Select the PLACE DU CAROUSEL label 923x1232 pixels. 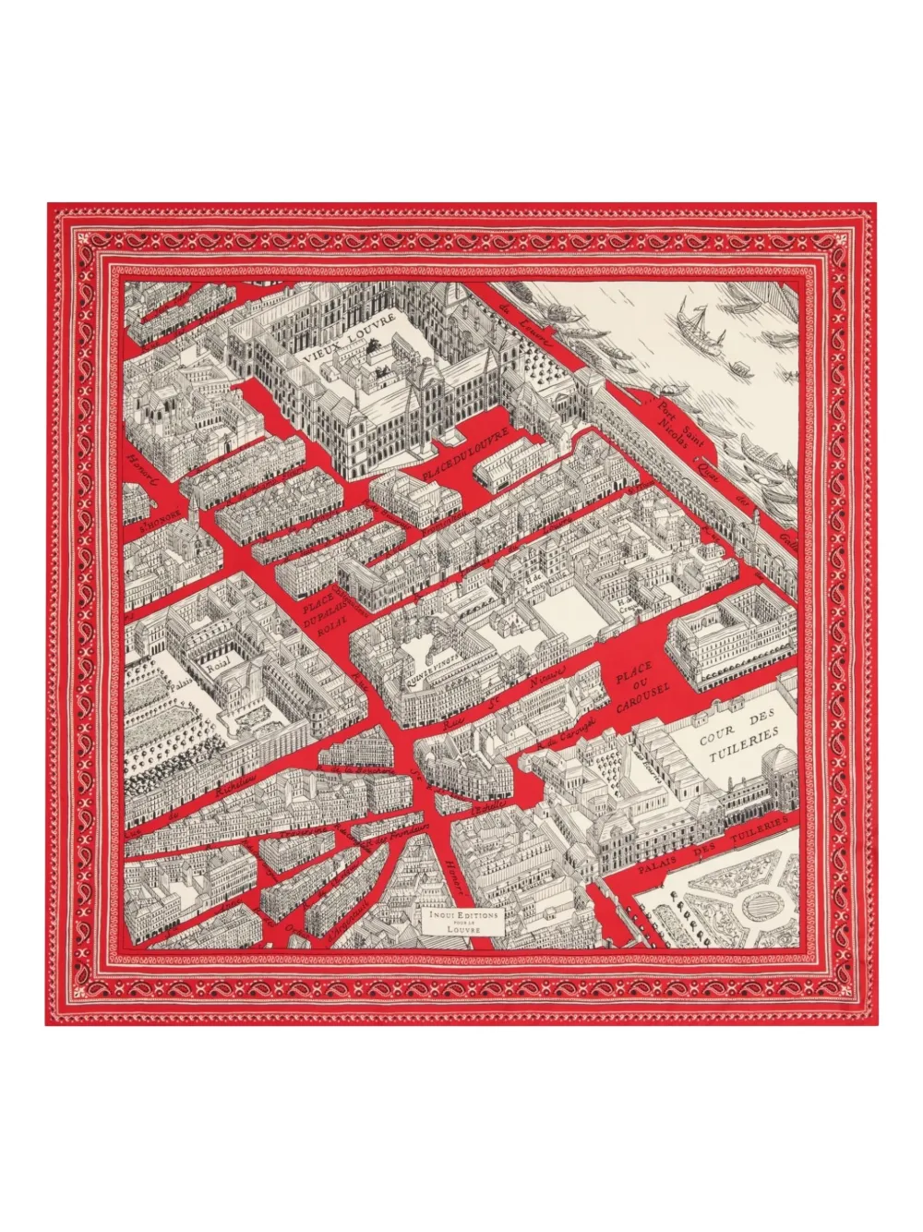642,688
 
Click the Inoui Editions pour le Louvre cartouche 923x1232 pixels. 458,923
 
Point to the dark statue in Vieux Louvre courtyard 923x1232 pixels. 374,348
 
